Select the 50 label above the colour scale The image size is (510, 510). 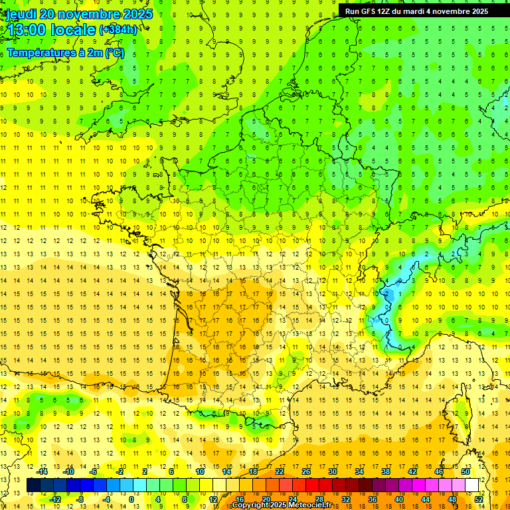(465, 471)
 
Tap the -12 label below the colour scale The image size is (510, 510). (55, 499)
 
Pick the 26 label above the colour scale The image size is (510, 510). (306, 471)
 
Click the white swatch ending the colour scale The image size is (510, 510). (472, 485)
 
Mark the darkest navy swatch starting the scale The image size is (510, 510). (33, 485)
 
